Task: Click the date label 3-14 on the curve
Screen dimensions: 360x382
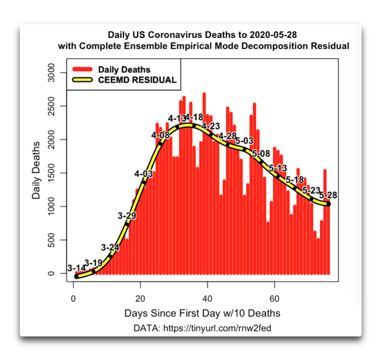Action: click(x=76, y=268)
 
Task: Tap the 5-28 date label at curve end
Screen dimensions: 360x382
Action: click(x=328, y=196)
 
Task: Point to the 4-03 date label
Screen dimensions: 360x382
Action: click(x=144, y=174)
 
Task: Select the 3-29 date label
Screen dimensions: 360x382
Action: click(x=126, y=215)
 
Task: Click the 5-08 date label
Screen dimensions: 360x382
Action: click(x=261, y=154)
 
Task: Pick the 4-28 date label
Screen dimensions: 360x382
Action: click(x=227, y=136)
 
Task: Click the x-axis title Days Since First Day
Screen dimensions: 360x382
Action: click(x=202, y=313)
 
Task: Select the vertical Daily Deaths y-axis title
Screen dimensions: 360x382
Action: click(x=36, y=169)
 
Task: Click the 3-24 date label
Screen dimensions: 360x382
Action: click(x=110, y=247)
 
